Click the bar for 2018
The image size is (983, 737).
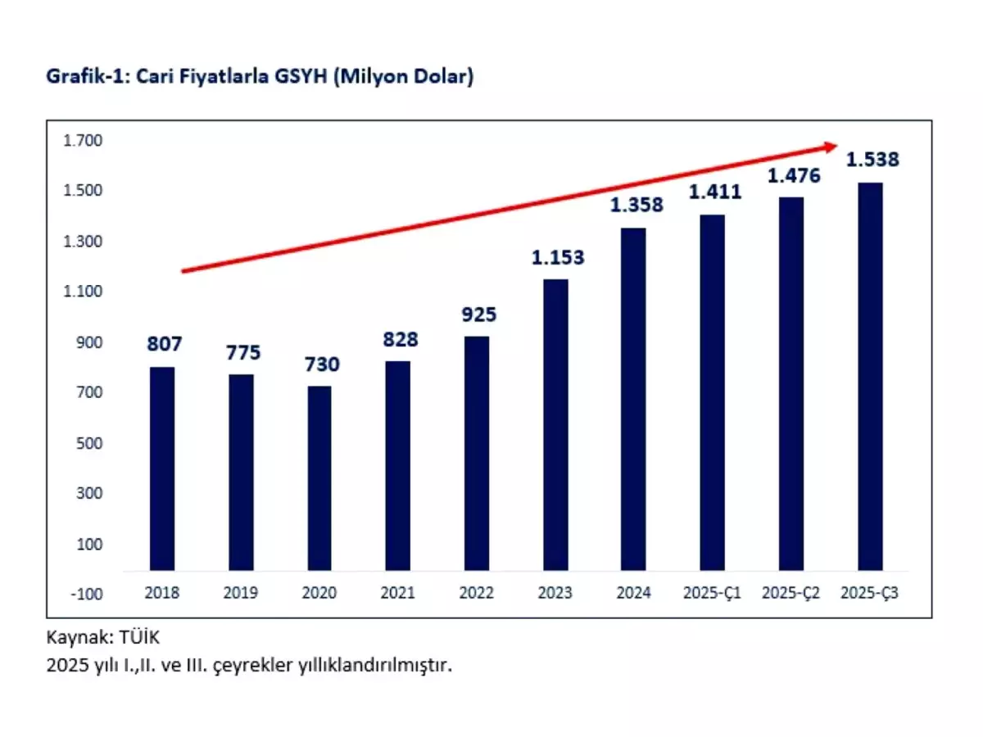pos(162,468)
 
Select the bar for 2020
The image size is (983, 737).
pos(319,478)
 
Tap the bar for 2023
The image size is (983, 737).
pos(555,424)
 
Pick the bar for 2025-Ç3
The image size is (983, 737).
pos(870,376)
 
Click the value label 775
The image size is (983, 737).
pos(243,353)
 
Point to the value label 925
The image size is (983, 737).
pos(479,314)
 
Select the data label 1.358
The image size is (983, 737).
pos(636,206)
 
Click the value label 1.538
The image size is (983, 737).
pos(872,160)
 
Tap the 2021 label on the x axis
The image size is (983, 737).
pos(397,594)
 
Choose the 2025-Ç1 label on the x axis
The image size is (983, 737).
pos(713,594)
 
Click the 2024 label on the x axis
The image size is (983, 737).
pos(634,594)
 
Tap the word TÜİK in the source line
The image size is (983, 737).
pos(146,635)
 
